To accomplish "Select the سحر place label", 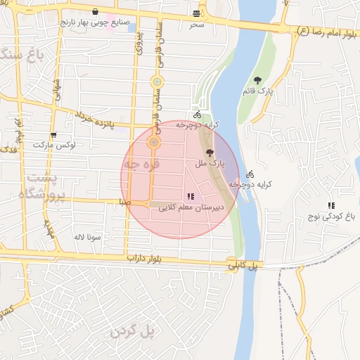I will tap(195, 25).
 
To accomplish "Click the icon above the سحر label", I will tap(195, 13).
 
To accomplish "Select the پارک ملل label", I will tap(210, 163).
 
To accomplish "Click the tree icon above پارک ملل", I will tap(209, 152).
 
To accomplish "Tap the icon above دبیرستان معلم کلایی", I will tap(190, 196).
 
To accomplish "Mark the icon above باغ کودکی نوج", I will tap(330, 205).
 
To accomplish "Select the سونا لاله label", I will tap(89, 237).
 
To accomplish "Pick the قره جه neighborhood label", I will tap(142, 164).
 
